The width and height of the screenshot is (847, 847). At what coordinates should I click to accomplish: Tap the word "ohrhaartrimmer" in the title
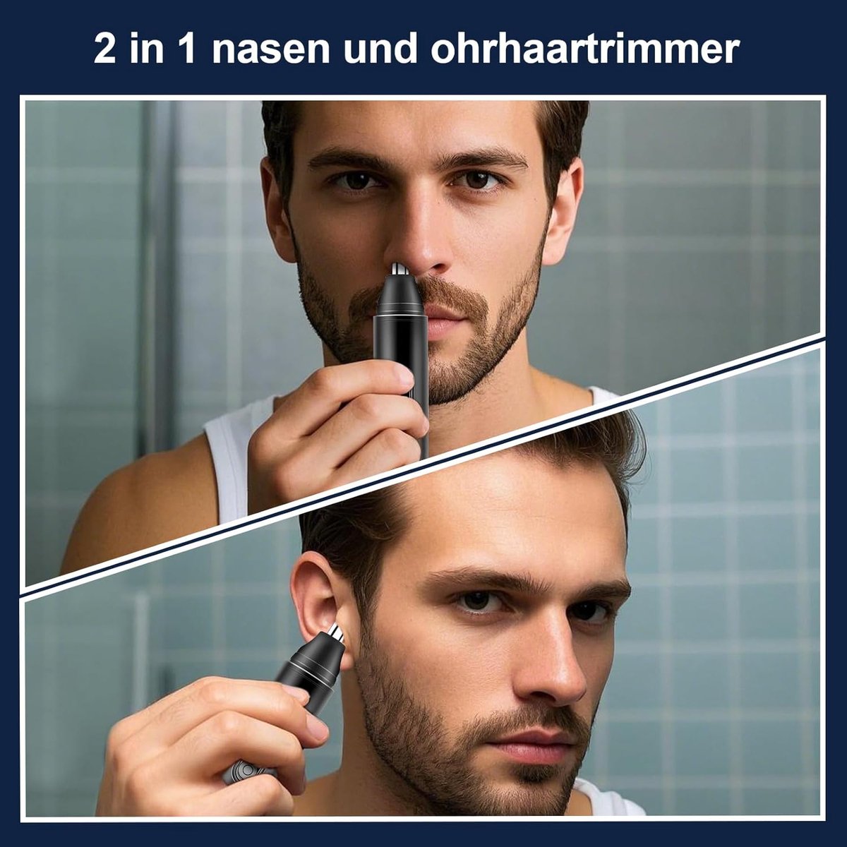click(x=585, y=49)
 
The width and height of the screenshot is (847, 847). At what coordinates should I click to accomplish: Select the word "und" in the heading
click(x=380, y=49)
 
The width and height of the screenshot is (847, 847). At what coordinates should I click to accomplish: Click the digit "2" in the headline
click(x=105, y=49)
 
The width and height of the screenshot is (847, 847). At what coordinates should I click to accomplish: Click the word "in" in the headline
click(x=146, y=49)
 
